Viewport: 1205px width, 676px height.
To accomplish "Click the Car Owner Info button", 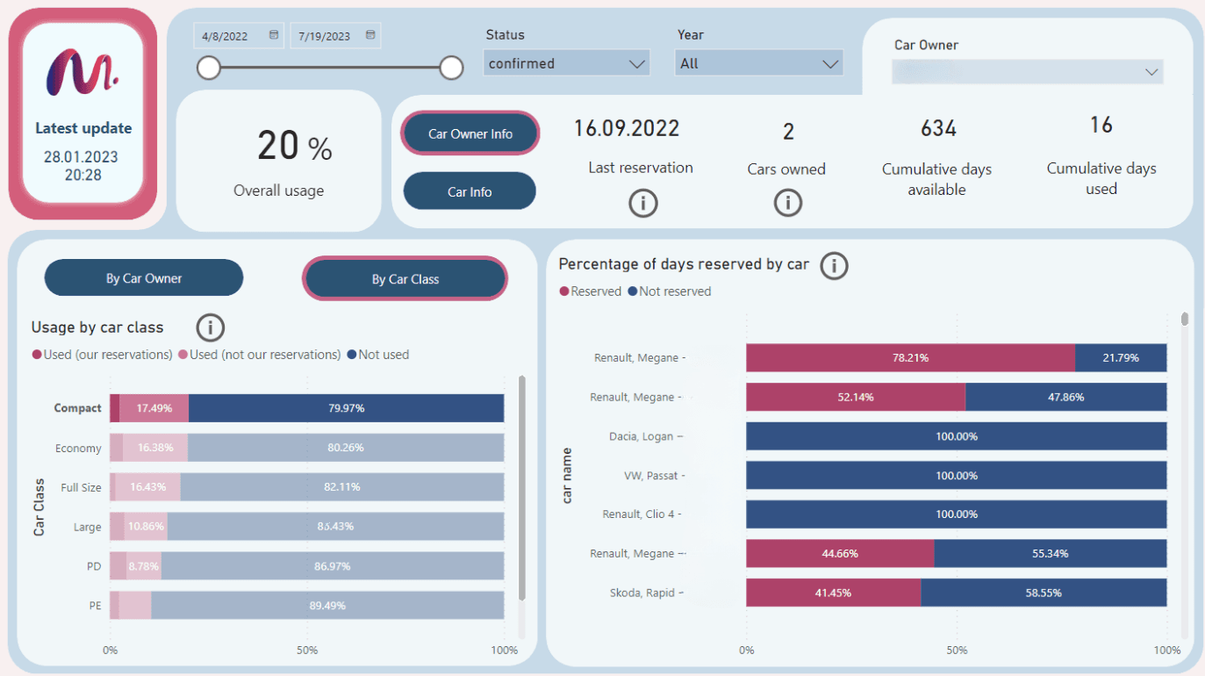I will pos(470,133).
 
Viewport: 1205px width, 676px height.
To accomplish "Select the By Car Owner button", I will pos(144,278).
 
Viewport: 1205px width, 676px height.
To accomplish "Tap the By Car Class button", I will pos(405,279).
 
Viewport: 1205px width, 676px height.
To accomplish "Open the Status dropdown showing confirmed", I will pos(566,63).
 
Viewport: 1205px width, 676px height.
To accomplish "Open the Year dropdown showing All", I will pos(758,63).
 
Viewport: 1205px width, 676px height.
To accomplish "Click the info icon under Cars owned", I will pos(787,203).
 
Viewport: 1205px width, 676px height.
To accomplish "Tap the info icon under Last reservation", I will pos(642,203).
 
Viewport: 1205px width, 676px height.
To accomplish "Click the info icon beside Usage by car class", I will pos(210,327).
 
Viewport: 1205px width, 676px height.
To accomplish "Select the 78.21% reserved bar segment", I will pos(910,358).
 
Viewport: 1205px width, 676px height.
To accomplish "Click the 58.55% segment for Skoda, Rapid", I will pos(1043,593).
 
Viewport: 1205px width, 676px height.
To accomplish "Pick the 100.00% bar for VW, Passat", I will pos(956,475).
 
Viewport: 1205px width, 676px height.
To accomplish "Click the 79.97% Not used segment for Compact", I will pos(346,408).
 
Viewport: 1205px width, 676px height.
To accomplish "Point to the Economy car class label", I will pos(78,448).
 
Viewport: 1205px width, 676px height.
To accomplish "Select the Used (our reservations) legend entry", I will pos(102,355).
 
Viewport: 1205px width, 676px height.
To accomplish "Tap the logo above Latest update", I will pos(82,72).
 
